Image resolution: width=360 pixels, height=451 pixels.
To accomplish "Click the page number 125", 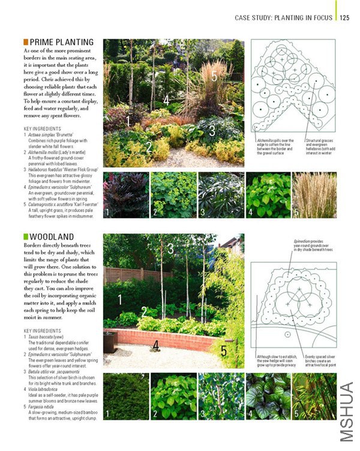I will [344, 18].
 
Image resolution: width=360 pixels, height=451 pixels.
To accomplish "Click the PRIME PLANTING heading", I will [61, 43].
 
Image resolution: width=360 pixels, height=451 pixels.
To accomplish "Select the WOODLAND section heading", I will [52, 237].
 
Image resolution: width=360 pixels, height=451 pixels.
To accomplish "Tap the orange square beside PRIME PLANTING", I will [26, 43].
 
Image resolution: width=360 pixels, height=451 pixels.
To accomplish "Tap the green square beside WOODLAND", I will [26, 237].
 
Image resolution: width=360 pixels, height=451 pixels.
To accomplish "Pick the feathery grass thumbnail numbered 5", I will [314, 195].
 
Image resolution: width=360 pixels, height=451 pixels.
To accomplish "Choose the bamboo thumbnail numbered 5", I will [314, 396].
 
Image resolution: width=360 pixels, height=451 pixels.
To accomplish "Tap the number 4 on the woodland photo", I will [155, 345].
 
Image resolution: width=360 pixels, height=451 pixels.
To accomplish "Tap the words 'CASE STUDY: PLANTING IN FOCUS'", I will [284, 18].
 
